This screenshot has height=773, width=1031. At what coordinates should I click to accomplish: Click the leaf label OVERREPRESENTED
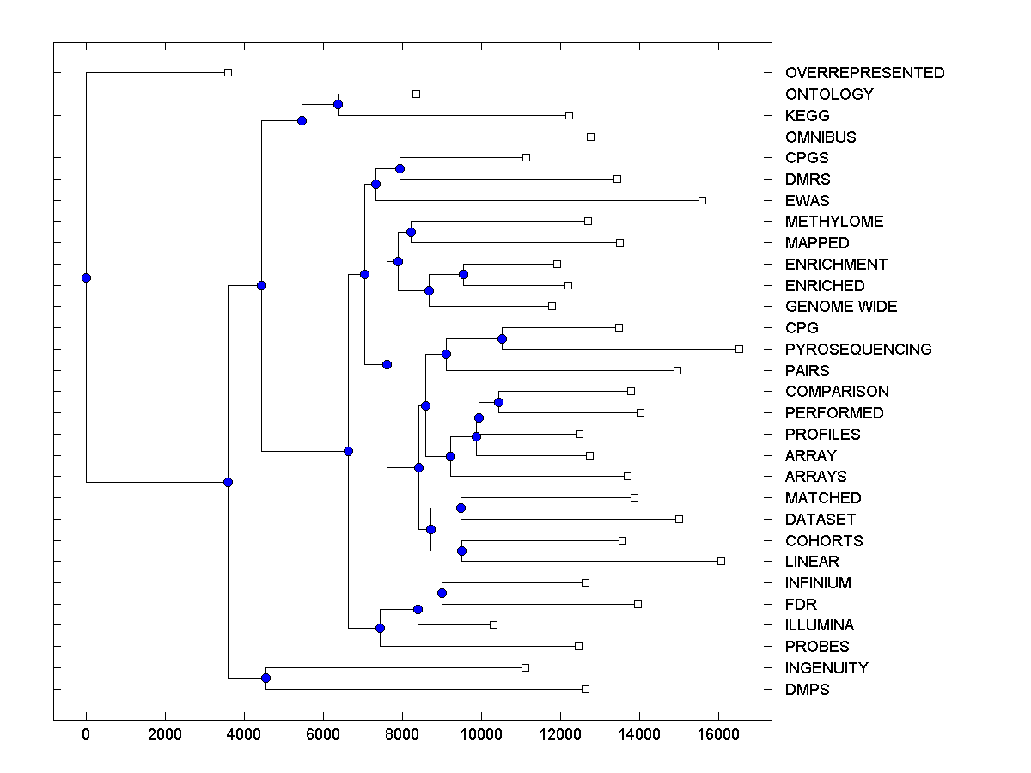pyautogui.click(x=864, y=73)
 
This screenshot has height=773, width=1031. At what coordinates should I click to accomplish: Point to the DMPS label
pyautogui.click(x=807, y=690)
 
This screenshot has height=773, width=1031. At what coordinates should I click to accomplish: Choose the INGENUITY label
pyautogui.click(x=827, y=668)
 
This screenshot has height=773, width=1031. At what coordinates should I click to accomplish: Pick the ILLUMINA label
pyautogui.click(x=820, y=625)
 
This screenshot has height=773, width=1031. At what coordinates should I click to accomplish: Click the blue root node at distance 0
pyautogui.click(x=86, y=277)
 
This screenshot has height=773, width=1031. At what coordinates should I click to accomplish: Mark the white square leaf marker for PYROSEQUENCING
pyautogui.click(x=739, y=349)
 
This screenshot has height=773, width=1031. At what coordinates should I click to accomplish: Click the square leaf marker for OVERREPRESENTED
pyautogui.click(x=228, y=73)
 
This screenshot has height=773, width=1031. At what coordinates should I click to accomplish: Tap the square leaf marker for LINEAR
pyautogui.click(x=721, y=561)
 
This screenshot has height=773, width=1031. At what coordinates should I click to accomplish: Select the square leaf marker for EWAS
pyautogui.click(x=702, y=200)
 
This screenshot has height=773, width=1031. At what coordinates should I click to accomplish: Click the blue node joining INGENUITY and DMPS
pyautogui.click(x=265, y=679)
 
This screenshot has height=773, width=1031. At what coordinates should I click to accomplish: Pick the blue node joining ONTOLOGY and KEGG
pyautogui.click(x=338, y=104)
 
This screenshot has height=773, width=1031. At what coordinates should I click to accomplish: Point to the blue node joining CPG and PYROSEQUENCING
pyautogui.click(x=503, y=338)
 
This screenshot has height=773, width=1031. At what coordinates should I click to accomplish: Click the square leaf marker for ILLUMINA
pyautogui.click(x=493, y=624)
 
